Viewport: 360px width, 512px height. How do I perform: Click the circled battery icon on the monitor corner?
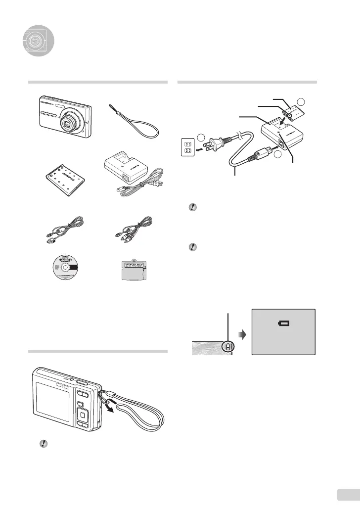pos(228,347)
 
